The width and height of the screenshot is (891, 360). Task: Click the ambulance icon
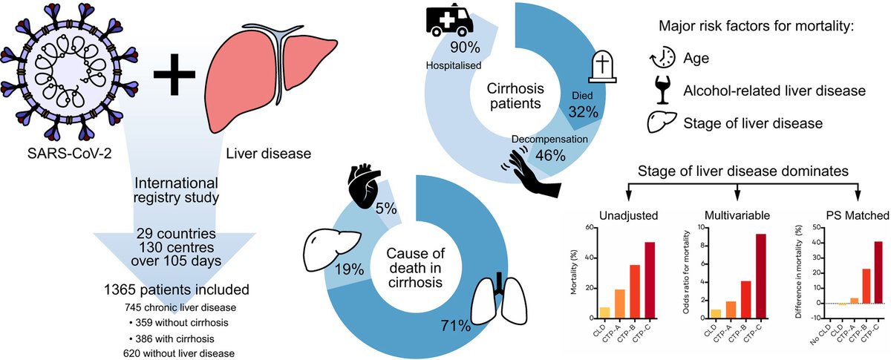449,20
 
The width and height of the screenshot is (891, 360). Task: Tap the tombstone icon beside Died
602,67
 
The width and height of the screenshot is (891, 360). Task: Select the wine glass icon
662,90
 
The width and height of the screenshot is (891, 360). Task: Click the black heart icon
364,186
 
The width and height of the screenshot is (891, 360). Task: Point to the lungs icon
499,298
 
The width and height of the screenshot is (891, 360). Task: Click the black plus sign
174,74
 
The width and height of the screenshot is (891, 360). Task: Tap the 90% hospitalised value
465,48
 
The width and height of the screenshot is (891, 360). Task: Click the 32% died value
583,112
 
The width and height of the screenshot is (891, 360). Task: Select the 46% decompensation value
550,155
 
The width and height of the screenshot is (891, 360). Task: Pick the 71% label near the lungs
455,326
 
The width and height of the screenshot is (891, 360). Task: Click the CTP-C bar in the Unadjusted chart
650,281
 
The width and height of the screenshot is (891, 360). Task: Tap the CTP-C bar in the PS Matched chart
878,272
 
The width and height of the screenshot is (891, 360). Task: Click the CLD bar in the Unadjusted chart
604,313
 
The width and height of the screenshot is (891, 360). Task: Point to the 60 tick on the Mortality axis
590,228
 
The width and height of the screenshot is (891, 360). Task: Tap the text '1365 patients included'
176,289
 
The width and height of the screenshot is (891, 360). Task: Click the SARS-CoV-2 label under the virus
70,154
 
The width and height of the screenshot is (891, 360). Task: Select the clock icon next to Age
662,58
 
